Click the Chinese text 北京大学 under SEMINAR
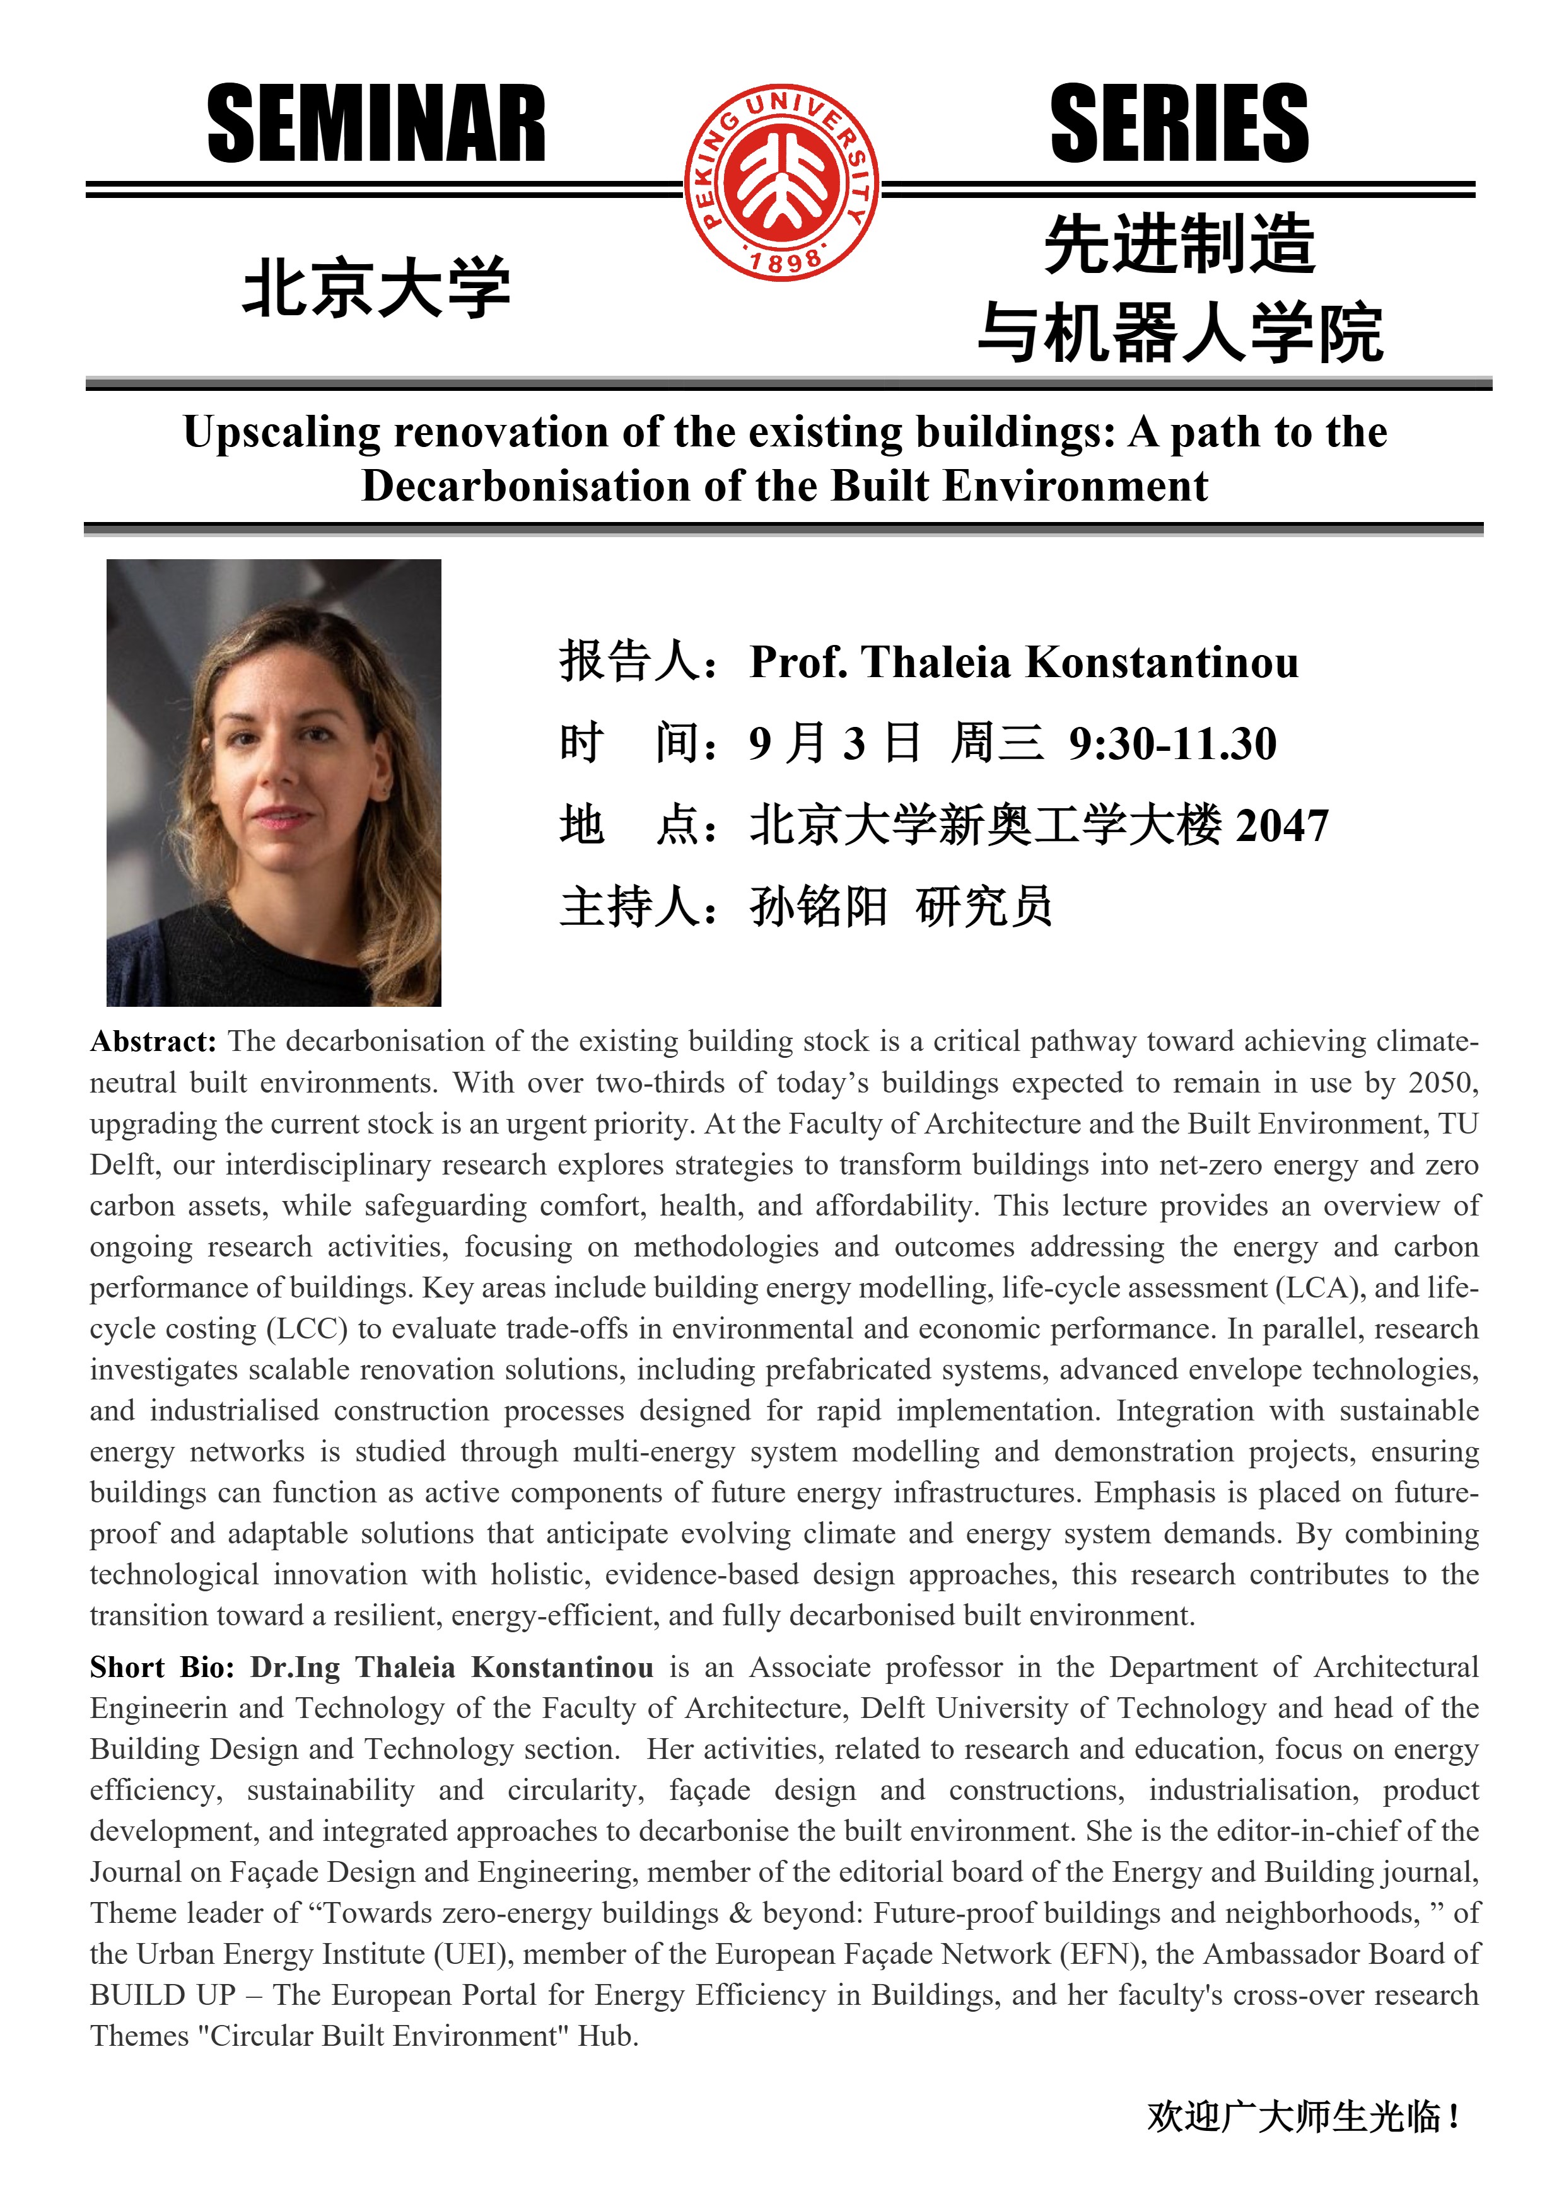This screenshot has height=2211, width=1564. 376,287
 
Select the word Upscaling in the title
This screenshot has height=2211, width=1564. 281,432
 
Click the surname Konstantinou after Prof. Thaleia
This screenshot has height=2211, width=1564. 1162,663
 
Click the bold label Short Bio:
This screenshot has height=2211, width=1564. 162,1667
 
